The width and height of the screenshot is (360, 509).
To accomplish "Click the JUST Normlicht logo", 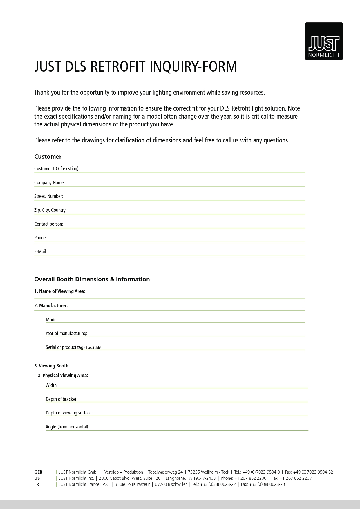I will click(x=324, y=41).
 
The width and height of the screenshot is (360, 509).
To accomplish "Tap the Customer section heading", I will click(x=48, y=157).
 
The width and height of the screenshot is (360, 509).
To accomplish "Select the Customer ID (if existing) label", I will click(x=57, y=169).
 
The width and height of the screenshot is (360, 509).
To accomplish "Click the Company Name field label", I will click(x=49, y=182).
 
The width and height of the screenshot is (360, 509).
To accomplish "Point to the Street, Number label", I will click(x=48, y=196).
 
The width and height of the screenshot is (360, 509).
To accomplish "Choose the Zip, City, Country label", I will click(x=50, y=210).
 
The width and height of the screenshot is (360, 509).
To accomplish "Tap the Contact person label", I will click(x=49, y=224).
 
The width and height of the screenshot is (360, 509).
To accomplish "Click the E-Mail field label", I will click(x=41, y=251).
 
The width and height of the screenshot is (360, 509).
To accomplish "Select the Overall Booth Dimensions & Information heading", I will click(x=92, y=279).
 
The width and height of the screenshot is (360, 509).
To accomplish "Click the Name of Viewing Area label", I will click(x=60, y=291).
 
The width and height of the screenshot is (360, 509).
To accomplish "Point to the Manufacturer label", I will click(x=51, y=305).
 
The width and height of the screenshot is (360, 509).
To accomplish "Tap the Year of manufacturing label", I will click(x=66, y=333).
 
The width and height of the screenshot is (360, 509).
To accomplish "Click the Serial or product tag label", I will click(x=74, y=347).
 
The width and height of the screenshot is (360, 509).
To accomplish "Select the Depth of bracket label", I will click(x=61, y=399).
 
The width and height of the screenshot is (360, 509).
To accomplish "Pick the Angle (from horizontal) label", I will click(x=67, y=427).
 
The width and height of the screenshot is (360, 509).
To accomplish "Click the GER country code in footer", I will click(x=38, y=472).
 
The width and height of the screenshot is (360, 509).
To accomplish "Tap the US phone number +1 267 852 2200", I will click(x=250, y=478).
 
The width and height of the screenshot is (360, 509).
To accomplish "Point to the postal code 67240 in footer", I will click(x=160, y=484).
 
